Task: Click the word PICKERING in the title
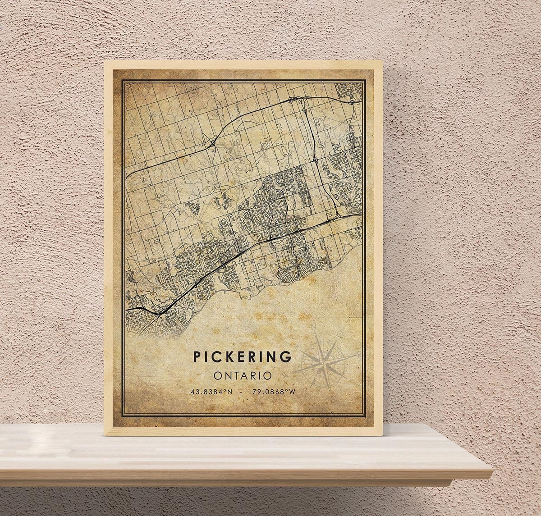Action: (243, 356)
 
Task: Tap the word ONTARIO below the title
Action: (243, 375)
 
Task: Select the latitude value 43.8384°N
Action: (211, 392)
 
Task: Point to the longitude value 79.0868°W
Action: (274, 392)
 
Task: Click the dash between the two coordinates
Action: (243, 392)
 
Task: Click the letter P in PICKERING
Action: (197, 356)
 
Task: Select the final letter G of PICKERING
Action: (286, 356)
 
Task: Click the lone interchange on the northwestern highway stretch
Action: (212, 144)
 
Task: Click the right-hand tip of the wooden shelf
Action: (492, 473)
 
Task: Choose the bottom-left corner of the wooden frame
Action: (105, 435)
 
